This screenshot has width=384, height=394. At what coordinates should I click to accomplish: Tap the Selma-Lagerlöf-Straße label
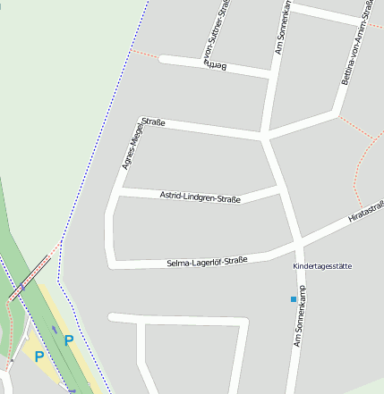pyautogui.click(x=207, y=262)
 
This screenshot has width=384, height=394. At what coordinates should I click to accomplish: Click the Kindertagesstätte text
pyautogui.click(x=322, y=267)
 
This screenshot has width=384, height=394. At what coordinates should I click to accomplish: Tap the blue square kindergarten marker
pyautogui.click(x=293, y=298)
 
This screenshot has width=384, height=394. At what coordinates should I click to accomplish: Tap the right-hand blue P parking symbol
pyautogui.click(x=69, y=340)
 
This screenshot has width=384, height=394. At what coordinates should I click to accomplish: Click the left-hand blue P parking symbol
pyautogui.click(x=38, y=356)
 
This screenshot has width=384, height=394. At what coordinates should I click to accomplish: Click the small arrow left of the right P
pyautogui.click(x=54, y=329)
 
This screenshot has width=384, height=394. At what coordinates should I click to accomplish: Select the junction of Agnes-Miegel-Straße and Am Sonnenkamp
pyautogui.click(x=265, y=138)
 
